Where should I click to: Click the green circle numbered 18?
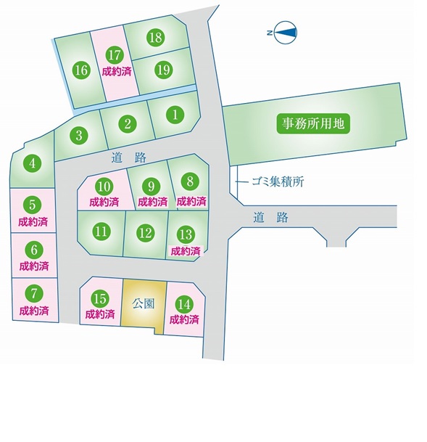coord(156,37)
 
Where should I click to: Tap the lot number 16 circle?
coord(81,70)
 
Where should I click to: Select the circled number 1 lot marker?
coord(175,115)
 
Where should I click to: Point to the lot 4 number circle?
coord(33,163)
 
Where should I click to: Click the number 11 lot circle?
coord(101,231)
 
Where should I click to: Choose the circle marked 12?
coord(146,233)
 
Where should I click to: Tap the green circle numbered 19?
coord(164,70)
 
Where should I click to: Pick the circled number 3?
coord(79,135)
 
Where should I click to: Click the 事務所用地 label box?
coord(313,123)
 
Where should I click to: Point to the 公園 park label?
coord(144,304)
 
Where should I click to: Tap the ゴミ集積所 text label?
coord(278,182)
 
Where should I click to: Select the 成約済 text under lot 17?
coord(117,72)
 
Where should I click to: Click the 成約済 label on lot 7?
coord(34,311)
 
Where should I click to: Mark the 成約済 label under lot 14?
coord(184,320)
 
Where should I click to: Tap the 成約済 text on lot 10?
coord(104,202)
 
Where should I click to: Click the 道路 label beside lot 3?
coord(129,157)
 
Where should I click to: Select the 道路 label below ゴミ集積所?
coord(270,217)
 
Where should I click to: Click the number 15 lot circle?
coord(100,299)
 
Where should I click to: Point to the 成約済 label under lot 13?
coord(186,251)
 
